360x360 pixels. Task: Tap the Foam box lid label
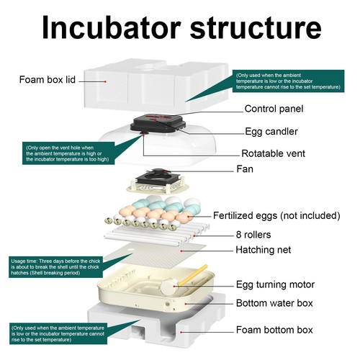47,78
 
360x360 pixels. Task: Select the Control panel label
274,109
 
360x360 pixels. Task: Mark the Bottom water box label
275,304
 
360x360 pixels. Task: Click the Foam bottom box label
274,330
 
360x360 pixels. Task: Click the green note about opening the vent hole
68,153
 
